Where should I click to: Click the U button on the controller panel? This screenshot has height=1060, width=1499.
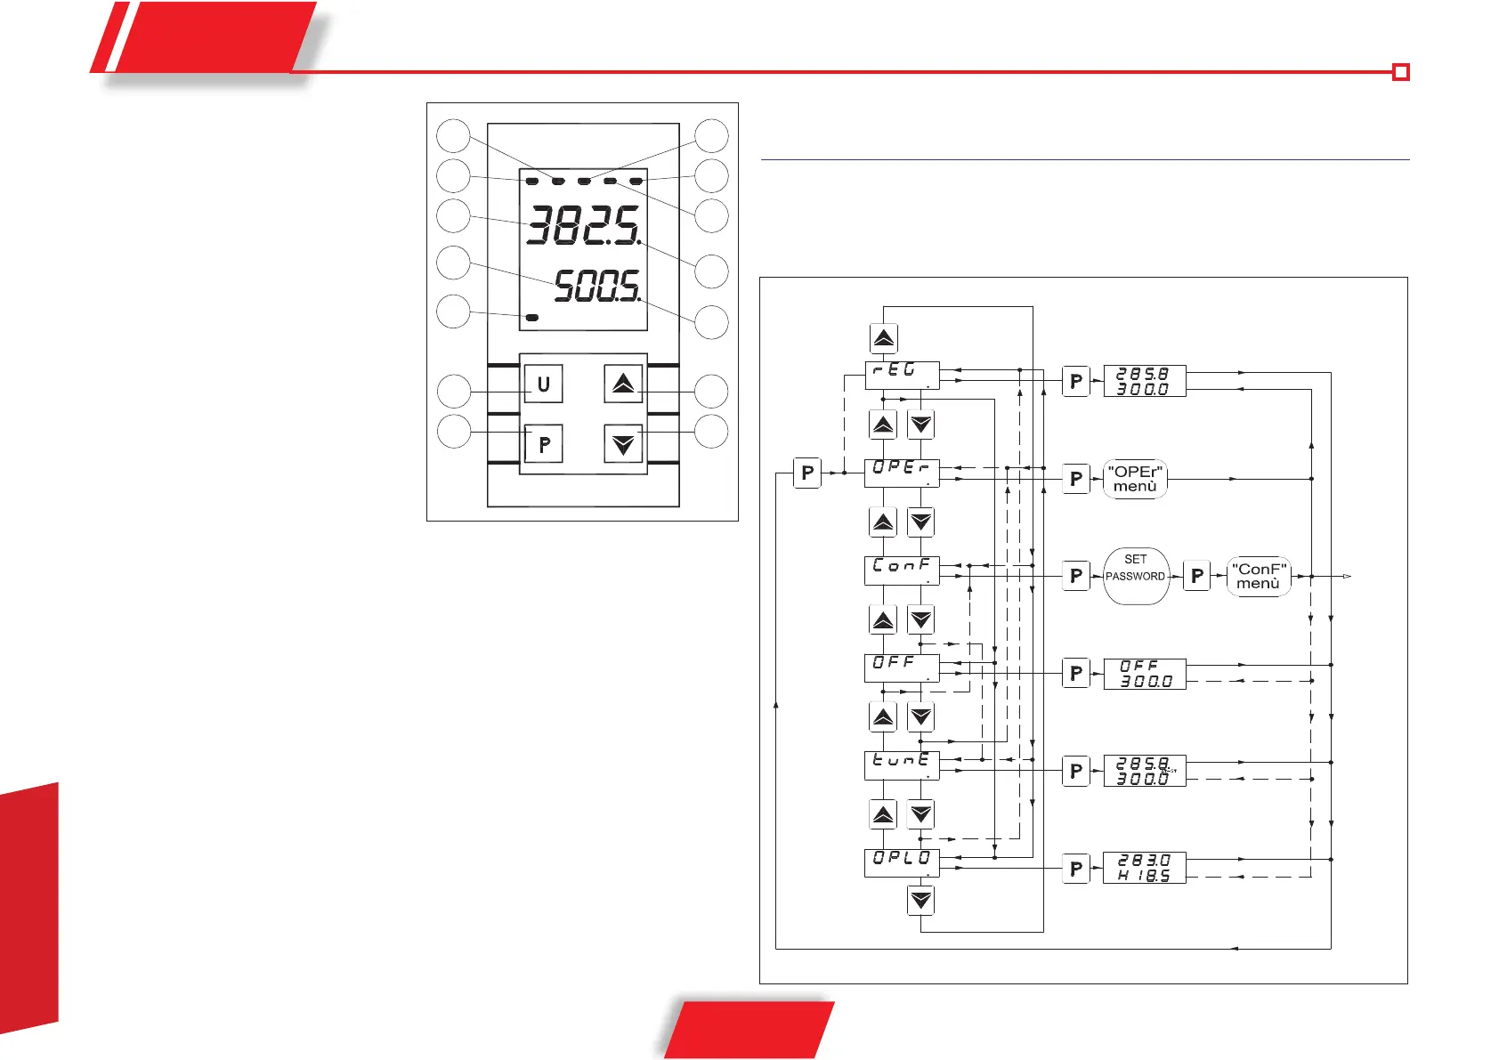click(543, 384)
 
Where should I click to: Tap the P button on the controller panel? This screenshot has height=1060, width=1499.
click(543, 443)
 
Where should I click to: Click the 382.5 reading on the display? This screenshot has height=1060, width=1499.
click(583, 225)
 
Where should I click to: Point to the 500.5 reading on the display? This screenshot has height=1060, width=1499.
click(596, 287)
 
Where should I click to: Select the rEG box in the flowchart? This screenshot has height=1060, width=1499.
click(902, 375)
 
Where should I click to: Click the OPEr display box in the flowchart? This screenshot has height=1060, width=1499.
click(902, 472)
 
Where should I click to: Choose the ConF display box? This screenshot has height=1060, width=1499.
click(902, 570)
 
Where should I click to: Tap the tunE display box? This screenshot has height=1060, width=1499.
click(902, 765)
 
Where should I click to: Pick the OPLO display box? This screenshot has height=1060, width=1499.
click(902, 862)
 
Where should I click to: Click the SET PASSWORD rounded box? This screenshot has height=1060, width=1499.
click(1136, 576)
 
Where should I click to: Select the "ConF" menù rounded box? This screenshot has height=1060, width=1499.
click(1259, 576)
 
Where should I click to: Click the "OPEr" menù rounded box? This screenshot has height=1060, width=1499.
click(1135, 479)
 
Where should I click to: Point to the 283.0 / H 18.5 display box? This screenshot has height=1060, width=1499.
click(1145, 868)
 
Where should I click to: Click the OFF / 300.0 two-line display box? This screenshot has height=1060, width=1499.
click(1145, 674)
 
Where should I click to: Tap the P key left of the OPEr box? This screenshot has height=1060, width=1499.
click(807, 473)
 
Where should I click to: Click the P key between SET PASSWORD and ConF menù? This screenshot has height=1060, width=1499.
click(1197, 576)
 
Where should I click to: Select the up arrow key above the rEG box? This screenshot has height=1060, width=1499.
click(884, 338)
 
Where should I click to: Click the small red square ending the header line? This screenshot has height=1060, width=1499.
click(1401, 72)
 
